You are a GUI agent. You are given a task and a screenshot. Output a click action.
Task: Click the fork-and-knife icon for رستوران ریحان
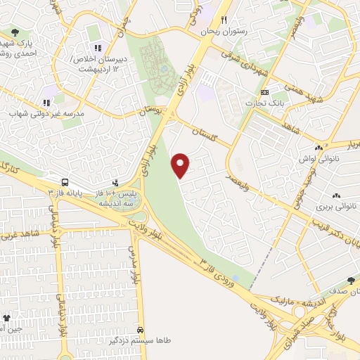point(224,20)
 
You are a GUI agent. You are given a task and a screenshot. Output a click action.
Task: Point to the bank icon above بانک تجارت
point(264,93)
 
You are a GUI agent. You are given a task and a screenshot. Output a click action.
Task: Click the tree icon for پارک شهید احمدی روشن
point(15,32)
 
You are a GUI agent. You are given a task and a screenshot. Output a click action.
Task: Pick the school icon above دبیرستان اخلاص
point(98,48)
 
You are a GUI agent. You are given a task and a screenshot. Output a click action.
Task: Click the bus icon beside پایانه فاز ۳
point(64,181)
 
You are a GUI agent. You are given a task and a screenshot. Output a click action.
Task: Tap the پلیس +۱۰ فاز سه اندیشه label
point(116,197)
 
